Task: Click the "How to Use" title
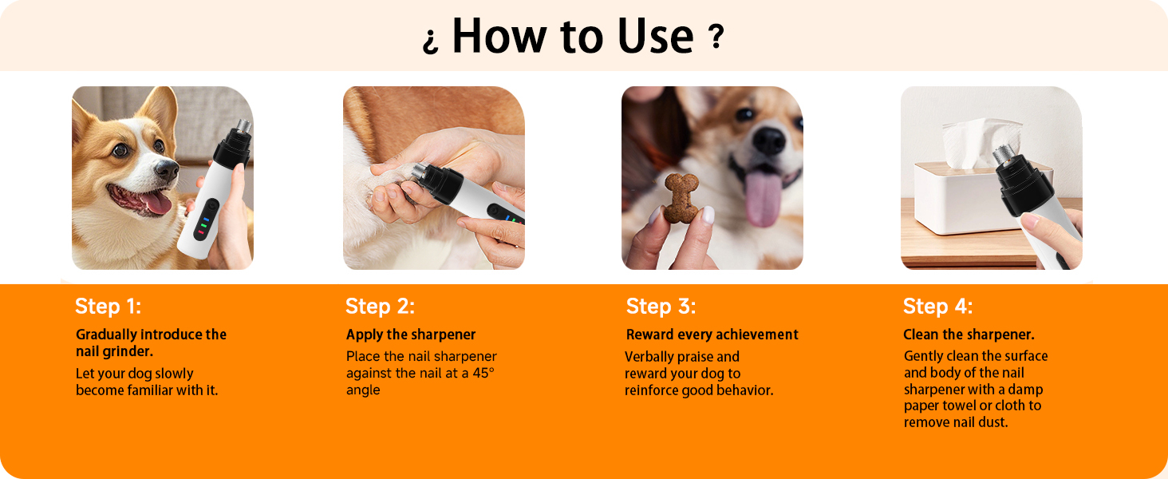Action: point(572,37)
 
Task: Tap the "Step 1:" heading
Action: point(108,307)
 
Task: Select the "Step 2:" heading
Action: point(380,307)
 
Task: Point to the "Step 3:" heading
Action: point(661,307)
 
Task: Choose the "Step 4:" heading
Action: point(937,307)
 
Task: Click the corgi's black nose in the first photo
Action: point(167,168)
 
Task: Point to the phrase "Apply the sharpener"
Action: point(411,335)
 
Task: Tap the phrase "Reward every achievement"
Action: point(712,335)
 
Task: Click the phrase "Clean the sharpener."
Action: point(969,335)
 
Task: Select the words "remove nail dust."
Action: point(956,422)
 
